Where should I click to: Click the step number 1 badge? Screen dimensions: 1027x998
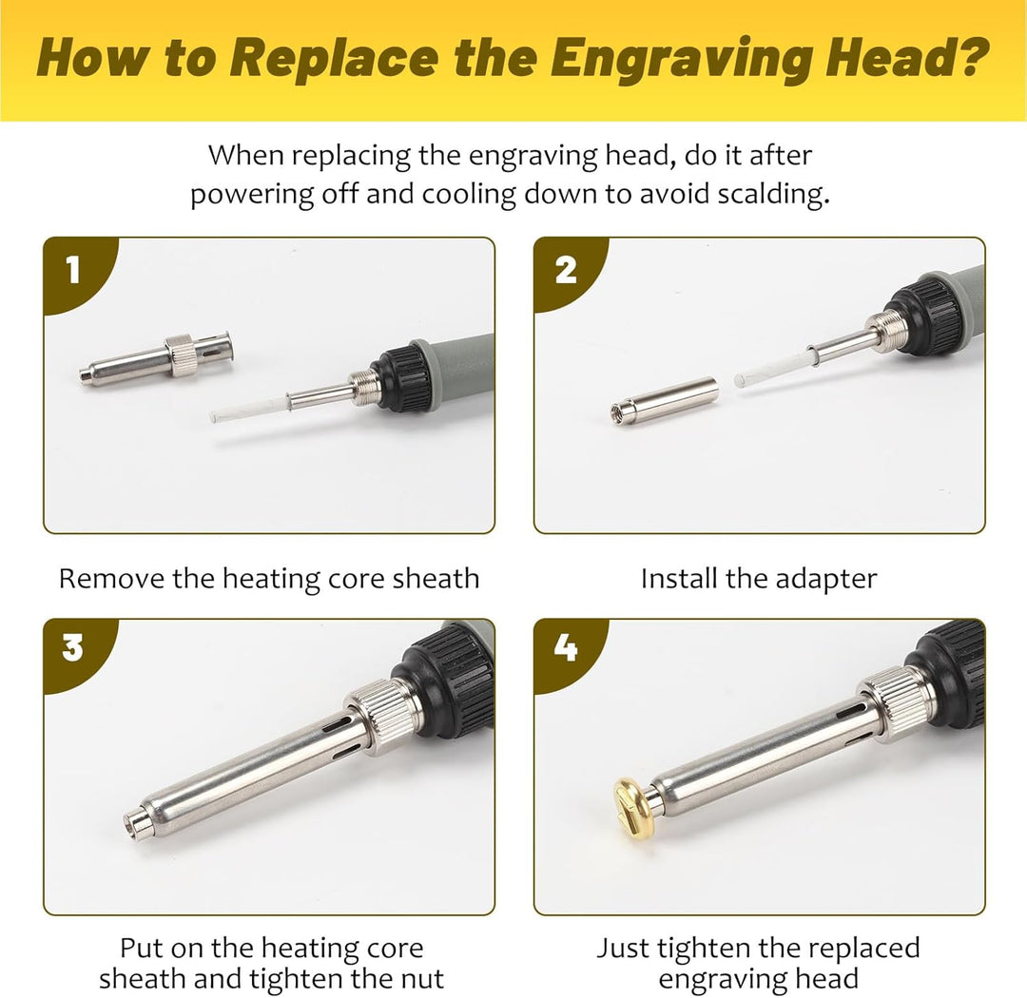[73, 270]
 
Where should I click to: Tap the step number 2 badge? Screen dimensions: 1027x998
[565, 270]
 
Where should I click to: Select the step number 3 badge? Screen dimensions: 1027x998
[73, 649]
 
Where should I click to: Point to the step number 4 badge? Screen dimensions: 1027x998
[565, 649]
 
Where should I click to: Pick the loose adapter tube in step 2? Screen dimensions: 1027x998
[664, 401]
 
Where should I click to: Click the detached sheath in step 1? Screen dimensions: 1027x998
[156, 359]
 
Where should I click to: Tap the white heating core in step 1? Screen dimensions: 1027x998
[249, 410]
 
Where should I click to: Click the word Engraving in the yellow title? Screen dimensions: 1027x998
[681, 59]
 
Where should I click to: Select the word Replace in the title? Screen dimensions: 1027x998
[334, 59]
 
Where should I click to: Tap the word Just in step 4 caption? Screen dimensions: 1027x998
[622, 949]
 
